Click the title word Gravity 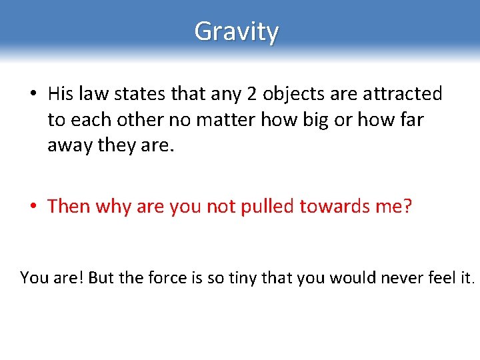[237, 31]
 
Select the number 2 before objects [251, 95]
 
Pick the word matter [227, 120]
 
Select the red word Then [69, 207]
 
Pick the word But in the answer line [101, 277]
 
